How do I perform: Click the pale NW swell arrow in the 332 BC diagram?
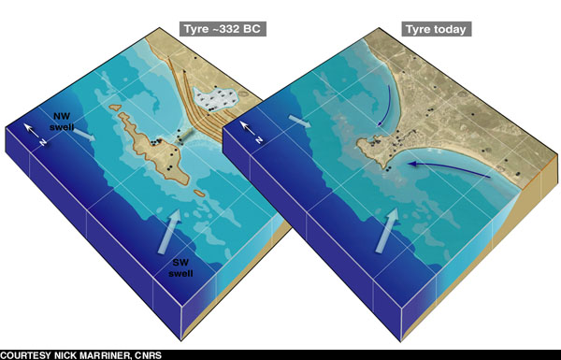tap(83, 137)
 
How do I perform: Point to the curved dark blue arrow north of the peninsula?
tap(382, 117)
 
